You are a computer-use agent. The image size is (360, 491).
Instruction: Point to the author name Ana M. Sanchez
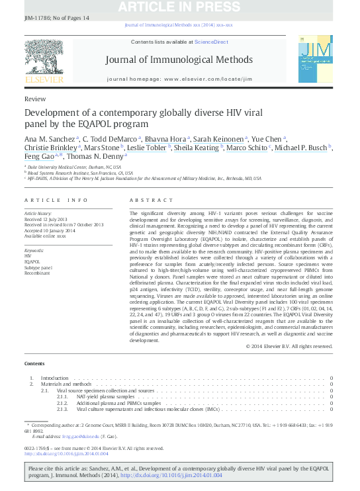(50, 138)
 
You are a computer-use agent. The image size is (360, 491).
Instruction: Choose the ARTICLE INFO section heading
(56, 200)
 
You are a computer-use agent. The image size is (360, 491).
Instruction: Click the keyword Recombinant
(38, 272)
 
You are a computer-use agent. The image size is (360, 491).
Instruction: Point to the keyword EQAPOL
(32, 261)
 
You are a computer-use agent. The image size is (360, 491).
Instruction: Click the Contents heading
(34, 364)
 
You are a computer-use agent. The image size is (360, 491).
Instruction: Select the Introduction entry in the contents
(55, 377)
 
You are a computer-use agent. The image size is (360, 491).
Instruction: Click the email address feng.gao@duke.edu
(89, 436)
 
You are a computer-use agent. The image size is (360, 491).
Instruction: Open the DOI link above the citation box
(66, 453)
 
